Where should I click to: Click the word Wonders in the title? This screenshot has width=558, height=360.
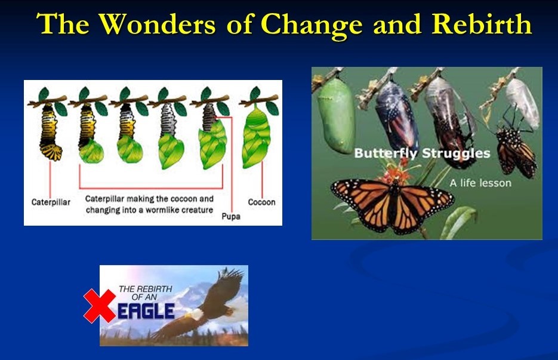pyautogui.click(x=157, y=24)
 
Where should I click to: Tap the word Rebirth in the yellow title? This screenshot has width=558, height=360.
pyautogui.click(x=482, y=24)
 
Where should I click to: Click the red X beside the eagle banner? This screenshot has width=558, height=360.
pyautogui.click(x=100, y=306)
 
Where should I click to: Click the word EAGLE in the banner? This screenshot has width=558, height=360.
pyautogui.click(x=146, y=311)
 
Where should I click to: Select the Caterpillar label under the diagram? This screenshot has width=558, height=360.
pyautogui.click(x=51, y=202)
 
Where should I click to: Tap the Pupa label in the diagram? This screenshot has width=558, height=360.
pyautogui.click(x=230, y=216)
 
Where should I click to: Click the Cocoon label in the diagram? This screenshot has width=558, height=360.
pyautogui.click(x=261, y=202)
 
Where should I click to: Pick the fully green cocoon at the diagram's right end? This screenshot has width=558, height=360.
pyautogui.click(x=256, y=137)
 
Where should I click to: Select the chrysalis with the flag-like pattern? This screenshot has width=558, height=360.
pyautogui.click(x=397, y=116)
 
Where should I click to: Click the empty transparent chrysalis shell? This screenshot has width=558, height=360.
pyautogui.click(x=522, y=103)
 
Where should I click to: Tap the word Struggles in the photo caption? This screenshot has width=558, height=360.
pyautogui.click(x=456, y=153)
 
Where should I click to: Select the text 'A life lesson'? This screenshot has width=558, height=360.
pyautogui.click(x=480, y=183)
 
